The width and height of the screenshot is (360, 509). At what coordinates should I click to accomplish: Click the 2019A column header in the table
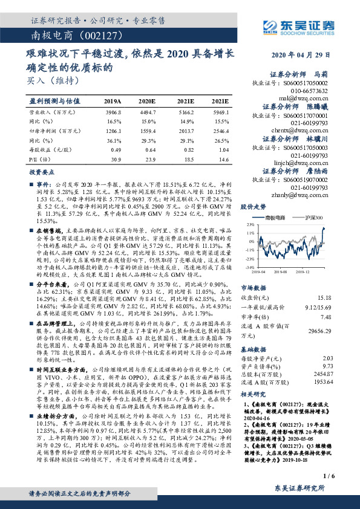(x=113, y=101)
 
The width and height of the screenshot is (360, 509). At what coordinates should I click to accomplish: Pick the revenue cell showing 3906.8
(x=113, y=112)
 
